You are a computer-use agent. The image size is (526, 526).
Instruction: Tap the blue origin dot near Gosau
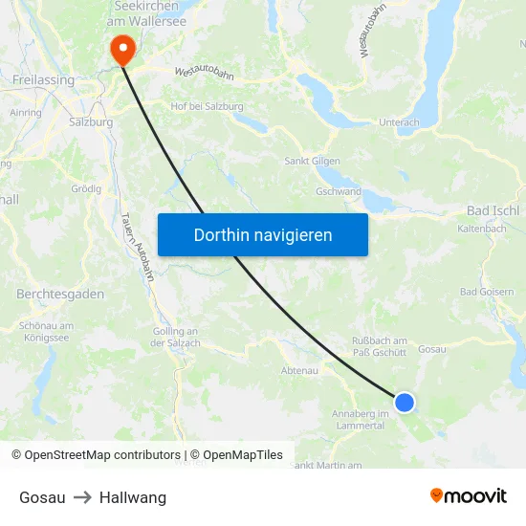(x=405, y=403)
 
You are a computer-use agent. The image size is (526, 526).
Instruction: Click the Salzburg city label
(x=91, y=122)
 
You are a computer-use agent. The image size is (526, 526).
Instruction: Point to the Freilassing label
(x=44, y=81)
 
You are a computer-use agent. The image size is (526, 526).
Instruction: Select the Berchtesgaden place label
(x=60, y=294)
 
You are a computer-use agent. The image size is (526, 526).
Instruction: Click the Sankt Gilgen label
(x=312, y=161)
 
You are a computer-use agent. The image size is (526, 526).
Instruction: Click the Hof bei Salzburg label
(x=207, y=107)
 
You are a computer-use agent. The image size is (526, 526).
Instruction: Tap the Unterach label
(x=399, y=122)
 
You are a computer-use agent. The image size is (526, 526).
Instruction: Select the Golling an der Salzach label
(x=175, y=338)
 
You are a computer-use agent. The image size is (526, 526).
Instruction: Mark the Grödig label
(x=86, y=188)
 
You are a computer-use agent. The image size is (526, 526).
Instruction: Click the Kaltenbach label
(x=482, y=230)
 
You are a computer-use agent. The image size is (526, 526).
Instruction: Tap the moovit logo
(x=468, y=495)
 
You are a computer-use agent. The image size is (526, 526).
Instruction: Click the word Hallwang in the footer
(x=133, y=497)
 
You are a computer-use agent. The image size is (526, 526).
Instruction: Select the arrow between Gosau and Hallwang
(x=82, y=497)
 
